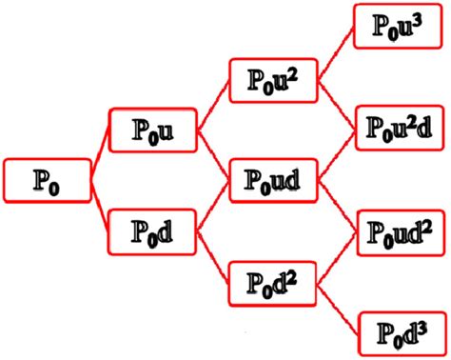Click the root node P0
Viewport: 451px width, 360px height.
point(47,180)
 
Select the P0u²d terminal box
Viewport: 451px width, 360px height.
point(398,128)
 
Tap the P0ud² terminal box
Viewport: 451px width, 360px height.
point(398,231)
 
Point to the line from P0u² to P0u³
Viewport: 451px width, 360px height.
point(335,54)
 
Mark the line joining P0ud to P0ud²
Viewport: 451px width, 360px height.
point(335,205)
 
